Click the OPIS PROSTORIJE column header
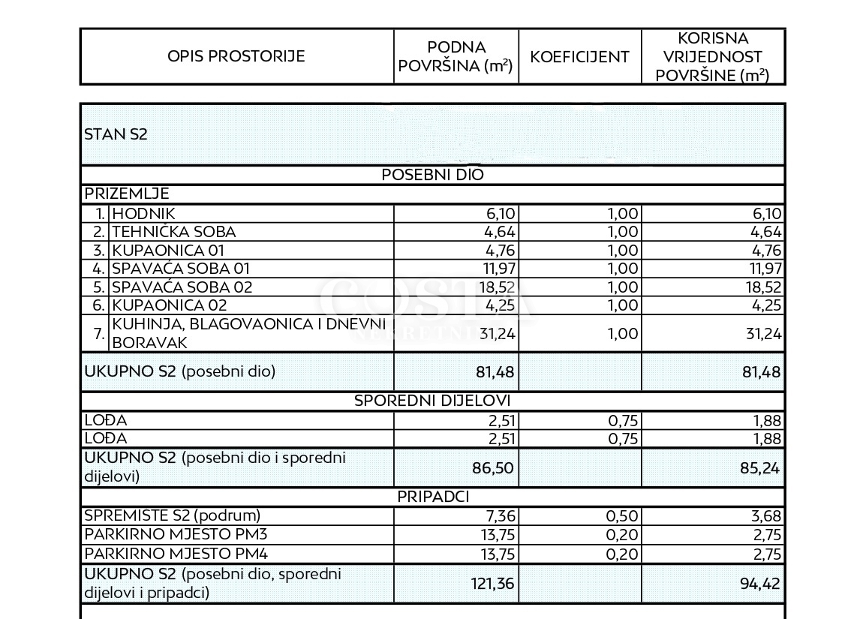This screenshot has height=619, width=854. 236,56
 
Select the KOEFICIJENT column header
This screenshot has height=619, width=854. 579,57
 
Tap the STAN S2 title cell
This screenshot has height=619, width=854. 116,135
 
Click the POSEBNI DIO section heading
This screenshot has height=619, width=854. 433,175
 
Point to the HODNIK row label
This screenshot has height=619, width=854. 143,214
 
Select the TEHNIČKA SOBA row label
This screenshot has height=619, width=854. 173,232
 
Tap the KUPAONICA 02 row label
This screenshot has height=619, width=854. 169,305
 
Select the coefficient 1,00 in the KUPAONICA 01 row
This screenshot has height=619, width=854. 622,251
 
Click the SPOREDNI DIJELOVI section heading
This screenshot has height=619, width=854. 432,401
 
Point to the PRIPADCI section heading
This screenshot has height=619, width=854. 433,497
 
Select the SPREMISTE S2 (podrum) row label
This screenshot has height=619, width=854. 172,515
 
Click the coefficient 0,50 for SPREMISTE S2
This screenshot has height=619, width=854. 622,515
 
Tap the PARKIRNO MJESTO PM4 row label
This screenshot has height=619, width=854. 175,555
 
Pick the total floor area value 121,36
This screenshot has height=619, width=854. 492,583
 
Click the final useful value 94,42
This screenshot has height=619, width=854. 761,583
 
